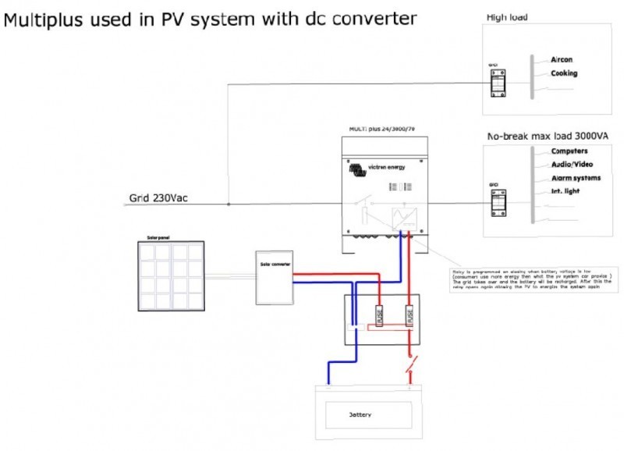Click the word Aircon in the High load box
click(562, 59)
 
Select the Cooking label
click(564, 74)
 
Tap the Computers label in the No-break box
click(569, 151)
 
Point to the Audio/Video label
click(572, 164)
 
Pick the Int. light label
click(565, 191)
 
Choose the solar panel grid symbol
click(170, 275)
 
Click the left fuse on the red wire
click(379, 316)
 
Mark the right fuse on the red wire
click(408, 316)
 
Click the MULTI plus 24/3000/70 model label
click(385, 127)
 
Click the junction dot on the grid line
click(228, 205)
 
